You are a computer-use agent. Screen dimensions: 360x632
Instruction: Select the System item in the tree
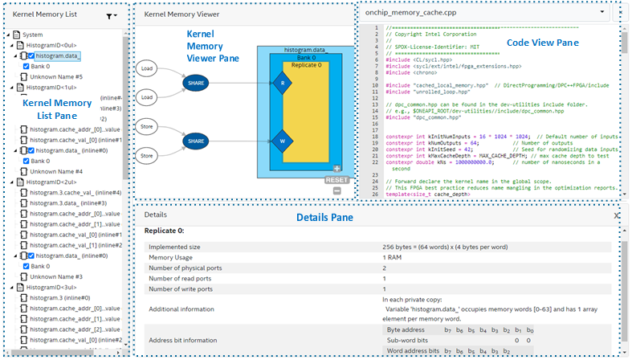click(x=33, y=35)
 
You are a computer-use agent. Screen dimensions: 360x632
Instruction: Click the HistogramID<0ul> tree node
click(x=51, y=46)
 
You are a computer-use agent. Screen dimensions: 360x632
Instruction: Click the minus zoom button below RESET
click(x=337, y=190)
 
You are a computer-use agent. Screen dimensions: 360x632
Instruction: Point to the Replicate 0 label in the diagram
click(x=306, y=64)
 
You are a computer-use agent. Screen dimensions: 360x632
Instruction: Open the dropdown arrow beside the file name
click(x=601, y=13)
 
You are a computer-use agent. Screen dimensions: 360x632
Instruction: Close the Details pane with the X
click(x=617, y=215)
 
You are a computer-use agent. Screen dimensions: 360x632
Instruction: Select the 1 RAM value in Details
click(x=393, y=257)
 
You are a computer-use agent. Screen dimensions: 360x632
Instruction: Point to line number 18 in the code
click(x=375, y=137)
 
